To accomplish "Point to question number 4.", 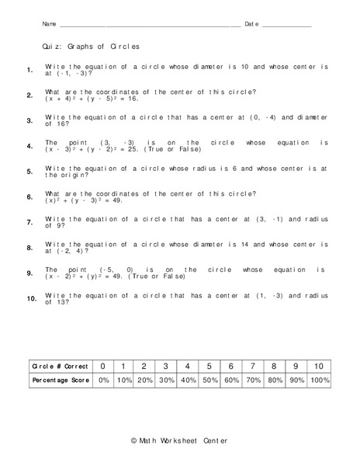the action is coord(29,146).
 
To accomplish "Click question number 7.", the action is coord(29,222).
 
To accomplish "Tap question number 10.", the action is coord(31,298).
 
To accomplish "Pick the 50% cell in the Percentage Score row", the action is coord(209,381).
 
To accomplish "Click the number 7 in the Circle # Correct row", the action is coord(252,366).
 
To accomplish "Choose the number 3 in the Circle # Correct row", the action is coord(166,366).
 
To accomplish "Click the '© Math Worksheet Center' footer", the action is coord(179,441).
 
